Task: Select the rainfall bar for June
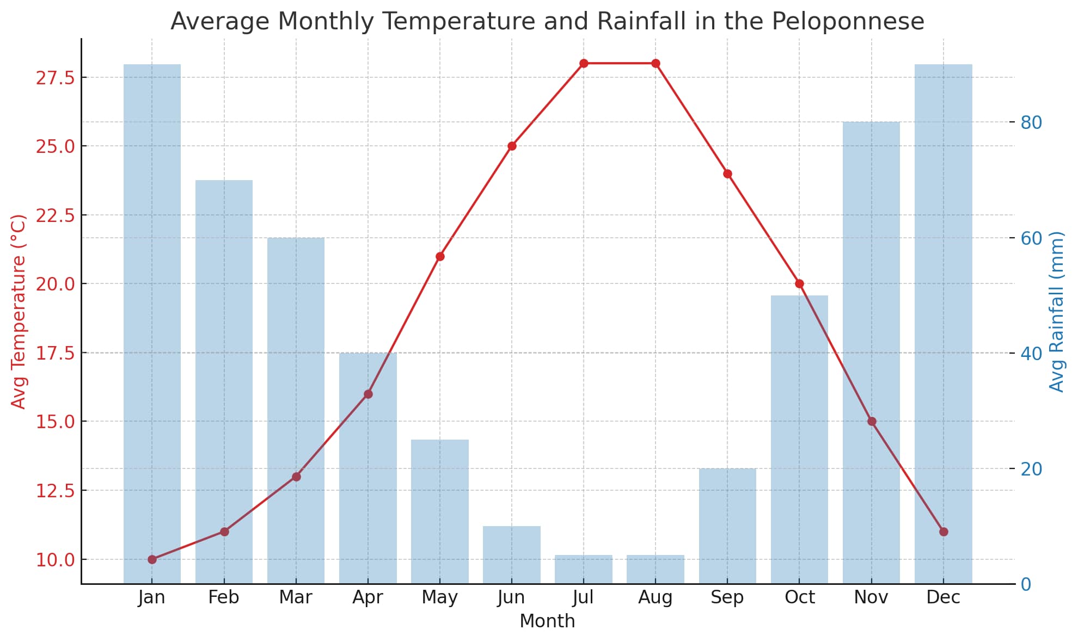512,555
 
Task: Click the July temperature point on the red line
584,63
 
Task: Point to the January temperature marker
152,559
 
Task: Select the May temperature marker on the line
440,256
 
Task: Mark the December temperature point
944,532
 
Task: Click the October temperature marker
799,283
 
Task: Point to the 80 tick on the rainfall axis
1031,122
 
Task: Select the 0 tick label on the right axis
1026,584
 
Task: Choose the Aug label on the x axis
656,597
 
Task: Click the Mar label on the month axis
296,597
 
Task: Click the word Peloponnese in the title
848,22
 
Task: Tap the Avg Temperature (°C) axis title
19,311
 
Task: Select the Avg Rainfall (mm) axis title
1056,311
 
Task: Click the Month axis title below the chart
547,621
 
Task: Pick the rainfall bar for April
368,468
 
